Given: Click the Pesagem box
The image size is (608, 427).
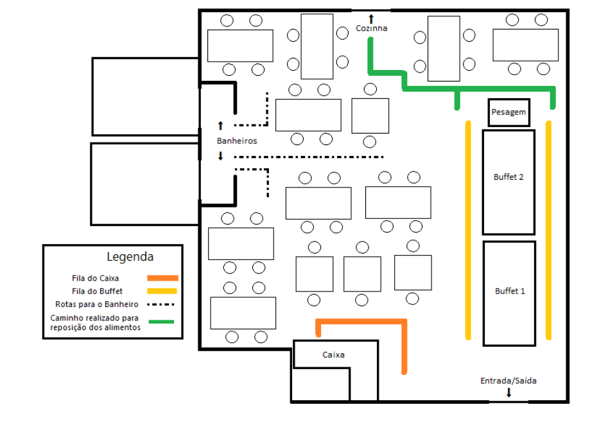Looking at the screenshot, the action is [x=508, y=112].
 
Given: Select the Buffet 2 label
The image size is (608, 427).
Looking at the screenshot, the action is [x=508, y=177].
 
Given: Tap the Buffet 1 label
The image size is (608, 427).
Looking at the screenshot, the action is [x=510, y=292].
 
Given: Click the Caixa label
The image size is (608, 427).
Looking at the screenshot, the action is [x=333, y=355].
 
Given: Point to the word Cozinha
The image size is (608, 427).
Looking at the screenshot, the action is [x=372, y=28].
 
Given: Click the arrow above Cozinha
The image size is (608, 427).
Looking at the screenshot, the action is [x=371, y=19].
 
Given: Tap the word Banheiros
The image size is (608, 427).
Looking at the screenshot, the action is [x=237, y=141].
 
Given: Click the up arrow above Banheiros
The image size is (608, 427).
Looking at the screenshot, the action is [x=221, y=125].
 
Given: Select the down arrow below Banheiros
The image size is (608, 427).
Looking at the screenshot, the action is [x=221, y=156].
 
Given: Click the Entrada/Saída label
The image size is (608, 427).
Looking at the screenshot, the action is [x=508, y=381].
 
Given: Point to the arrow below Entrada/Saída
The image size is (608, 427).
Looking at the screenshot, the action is [x=508, y=392].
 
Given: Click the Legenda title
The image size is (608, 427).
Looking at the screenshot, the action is [x=130, y=257].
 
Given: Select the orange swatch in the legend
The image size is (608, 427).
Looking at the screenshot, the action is [x=162, y=278].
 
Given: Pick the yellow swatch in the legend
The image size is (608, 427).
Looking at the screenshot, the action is [x=162, y=292].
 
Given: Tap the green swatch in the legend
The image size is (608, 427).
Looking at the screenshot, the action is [x=161, y=322].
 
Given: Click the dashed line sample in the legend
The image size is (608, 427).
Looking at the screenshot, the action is [x=161, y=304].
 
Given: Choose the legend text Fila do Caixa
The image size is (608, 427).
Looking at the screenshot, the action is [x=96, y=279].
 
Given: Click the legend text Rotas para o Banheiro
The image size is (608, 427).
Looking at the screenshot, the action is [x=97, y=304].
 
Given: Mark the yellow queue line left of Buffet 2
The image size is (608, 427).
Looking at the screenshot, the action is [x=469, y=231].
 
